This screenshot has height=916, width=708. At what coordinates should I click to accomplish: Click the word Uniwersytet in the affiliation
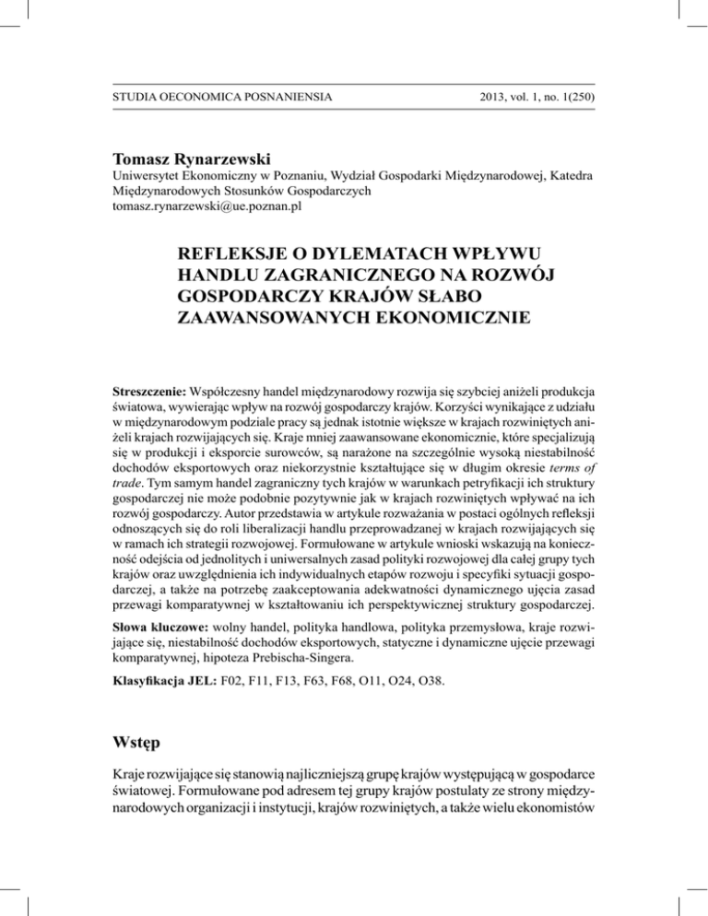pos(150,175)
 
